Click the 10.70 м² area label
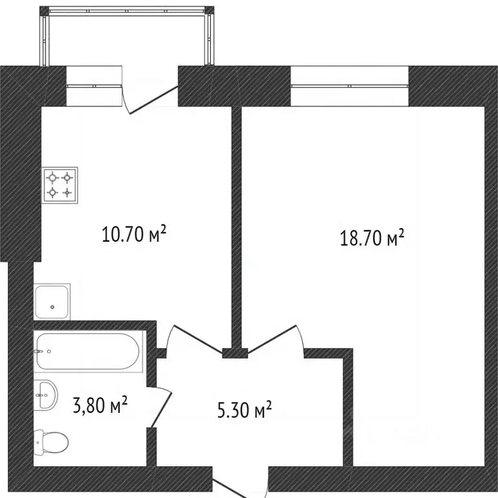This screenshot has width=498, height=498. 134,233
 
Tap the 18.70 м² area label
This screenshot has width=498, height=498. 372,238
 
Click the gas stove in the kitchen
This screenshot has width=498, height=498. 60,185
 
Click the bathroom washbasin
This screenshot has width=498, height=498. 46,394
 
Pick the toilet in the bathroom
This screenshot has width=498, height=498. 51,444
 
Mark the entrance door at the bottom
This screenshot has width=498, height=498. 241,486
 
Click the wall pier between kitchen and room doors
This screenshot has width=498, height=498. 235,353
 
